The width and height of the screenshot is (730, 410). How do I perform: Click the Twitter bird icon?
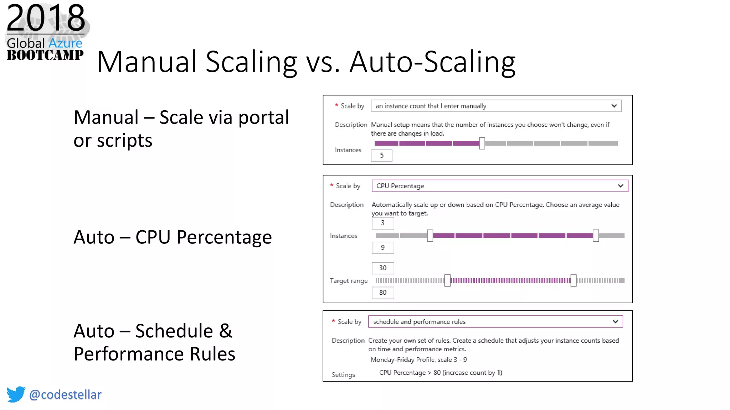(x=16, y=394)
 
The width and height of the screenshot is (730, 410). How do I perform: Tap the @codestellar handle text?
(x=65, y=395)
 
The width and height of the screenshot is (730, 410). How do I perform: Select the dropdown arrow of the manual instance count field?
(x=614, y=106)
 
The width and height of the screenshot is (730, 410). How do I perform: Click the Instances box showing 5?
(x=381, y=156)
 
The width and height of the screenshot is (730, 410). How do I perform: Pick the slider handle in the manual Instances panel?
(x=482, y=143)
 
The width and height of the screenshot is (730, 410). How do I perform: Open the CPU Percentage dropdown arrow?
(x=620, y=186)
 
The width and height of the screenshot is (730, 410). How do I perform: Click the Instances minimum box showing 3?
(x=382, y=223)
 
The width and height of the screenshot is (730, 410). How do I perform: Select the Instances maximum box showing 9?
(x=382, y=248)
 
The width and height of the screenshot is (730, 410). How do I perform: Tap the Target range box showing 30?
(x=382, y=268)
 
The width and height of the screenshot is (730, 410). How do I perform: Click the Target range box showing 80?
(x=382, y=293)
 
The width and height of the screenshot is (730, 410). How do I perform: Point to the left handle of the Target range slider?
(x=447, y=280)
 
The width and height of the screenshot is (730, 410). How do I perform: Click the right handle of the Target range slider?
(x=573, y=280)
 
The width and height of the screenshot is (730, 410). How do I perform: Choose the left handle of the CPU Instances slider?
(x=430, y=236)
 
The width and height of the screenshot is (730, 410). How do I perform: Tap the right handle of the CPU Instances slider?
(x=596, y=236)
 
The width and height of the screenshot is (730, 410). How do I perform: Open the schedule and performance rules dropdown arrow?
(x=615, y=322)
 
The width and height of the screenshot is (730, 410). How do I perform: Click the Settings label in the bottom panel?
(x=343, y=375)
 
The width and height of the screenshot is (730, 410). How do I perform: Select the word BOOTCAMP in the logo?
(x=45, y=55)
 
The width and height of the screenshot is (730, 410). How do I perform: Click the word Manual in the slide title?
(x=146, y=62)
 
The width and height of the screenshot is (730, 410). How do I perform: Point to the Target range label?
(x=349, y=281)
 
